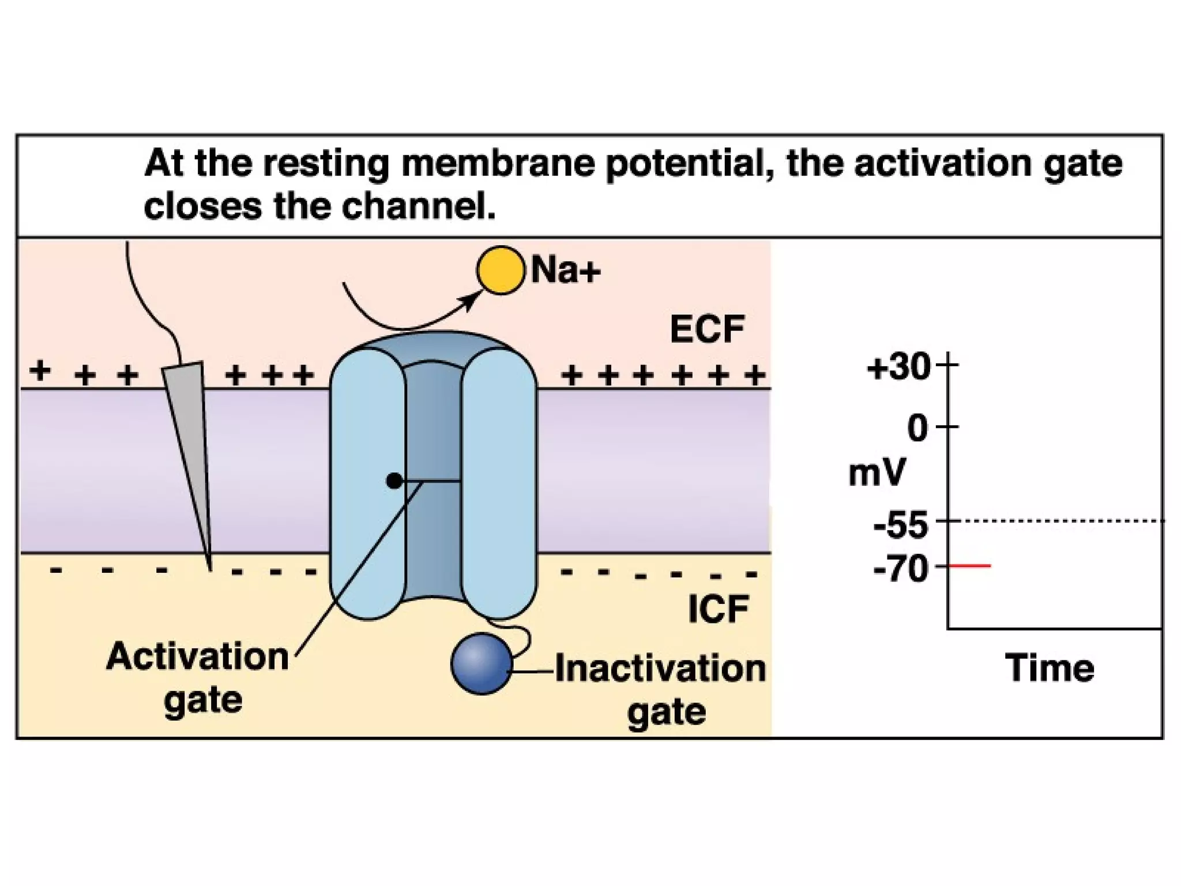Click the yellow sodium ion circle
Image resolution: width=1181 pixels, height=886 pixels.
pos(501,270)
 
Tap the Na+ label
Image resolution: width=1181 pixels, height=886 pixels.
pos(566,270)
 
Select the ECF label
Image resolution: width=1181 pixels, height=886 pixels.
pos(707,329)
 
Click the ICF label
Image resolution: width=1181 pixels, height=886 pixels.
pos(718,609)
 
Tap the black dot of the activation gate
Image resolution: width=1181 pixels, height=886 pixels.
pos(394,480)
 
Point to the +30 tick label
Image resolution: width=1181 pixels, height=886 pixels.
pos(898,367)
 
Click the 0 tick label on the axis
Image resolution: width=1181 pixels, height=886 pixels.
pos(917,429)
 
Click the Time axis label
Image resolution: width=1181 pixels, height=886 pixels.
pos(1050,668)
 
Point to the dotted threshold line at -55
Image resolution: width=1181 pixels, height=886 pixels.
pos(1055,521)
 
